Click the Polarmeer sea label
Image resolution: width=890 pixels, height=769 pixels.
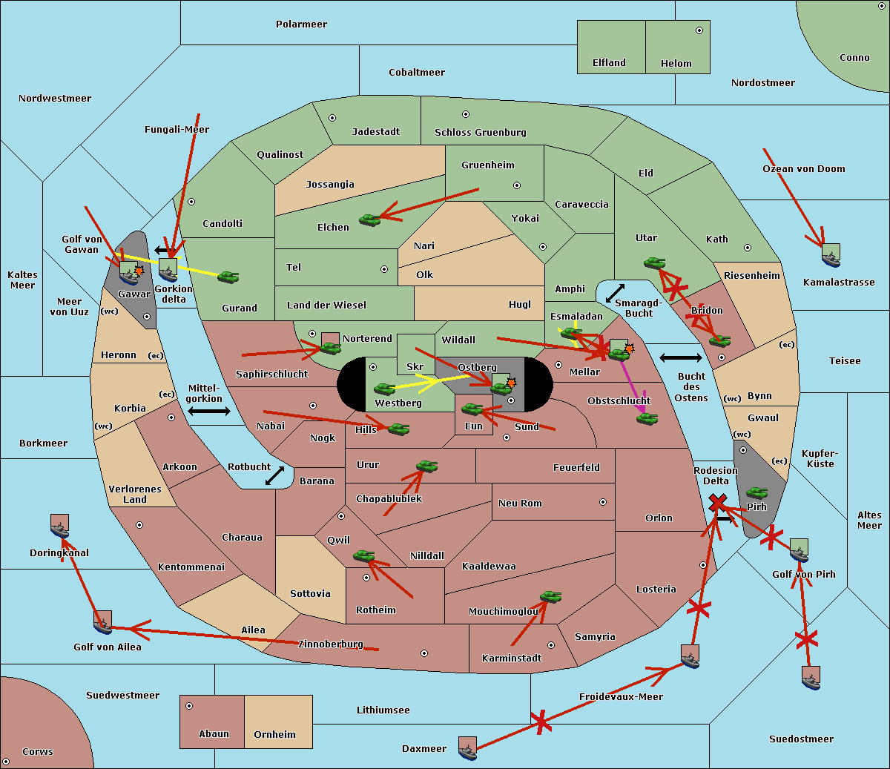pos(301,24)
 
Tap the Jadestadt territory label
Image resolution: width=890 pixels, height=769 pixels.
pos(375,132)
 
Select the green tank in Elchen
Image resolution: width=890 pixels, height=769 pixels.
pos(369,220)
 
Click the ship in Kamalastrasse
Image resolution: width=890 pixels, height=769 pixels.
pos(831,257)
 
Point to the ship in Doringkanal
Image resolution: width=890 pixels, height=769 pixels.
pos(60,527)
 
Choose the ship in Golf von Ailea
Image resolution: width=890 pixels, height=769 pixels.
pos(102,624)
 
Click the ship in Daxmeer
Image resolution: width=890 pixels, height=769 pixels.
pos(467,749)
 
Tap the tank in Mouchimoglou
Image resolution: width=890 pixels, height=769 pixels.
pos(550,596)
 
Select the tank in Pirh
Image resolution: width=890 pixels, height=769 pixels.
pos(756,492)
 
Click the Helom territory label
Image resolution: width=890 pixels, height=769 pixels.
pos(676,64)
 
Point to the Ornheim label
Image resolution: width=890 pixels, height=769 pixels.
pos(274,735)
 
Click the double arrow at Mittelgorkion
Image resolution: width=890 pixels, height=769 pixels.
pos(209,412)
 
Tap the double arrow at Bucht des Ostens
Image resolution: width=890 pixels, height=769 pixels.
pos(680,358)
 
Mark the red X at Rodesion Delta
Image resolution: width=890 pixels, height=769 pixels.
pos(716,504)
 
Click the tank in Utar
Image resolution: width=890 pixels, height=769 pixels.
pos(654,263)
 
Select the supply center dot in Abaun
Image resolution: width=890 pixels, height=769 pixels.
pos(189,706)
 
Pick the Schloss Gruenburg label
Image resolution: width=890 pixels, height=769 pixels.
pos(480,133)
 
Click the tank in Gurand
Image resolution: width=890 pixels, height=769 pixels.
pos(228,277)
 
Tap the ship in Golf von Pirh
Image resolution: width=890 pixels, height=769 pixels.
pos(799,550)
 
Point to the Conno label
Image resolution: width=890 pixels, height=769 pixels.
pos(854,58)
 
